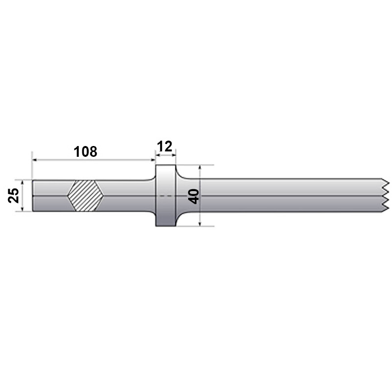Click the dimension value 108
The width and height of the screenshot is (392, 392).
[x=86, y=151]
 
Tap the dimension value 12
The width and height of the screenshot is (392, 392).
[x=166, y=146]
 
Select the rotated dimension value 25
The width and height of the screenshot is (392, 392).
[x=15, y=196]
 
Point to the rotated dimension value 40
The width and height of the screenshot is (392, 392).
[x=194, y=196]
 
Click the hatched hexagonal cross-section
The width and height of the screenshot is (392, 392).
[x=85, y=196]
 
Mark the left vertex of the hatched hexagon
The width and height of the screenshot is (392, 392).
[x=67, y=196]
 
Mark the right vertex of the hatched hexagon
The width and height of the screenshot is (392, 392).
[x=104, y=196]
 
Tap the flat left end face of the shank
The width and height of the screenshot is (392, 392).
[x=33, y=196]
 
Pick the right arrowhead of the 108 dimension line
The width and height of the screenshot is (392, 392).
[x=152, y=159]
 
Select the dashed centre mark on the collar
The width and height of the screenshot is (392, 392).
[x=166, y=196]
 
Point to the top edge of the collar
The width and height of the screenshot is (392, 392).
[x=166, y=165]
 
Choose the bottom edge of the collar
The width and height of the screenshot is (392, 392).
[x=166, y=226]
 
